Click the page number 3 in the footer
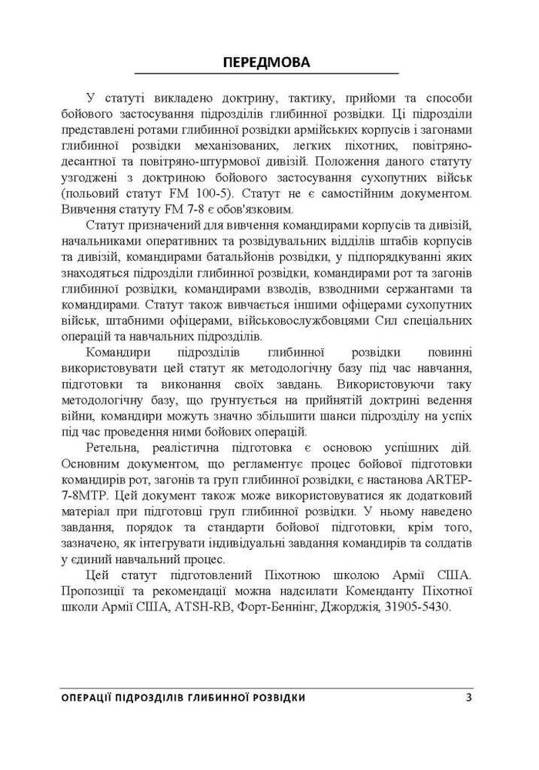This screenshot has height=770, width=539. pyautogui.click(x=468, y=698)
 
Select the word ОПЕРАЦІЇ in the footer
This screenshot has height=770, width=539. pyautogui.click(x=92, y=698)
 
